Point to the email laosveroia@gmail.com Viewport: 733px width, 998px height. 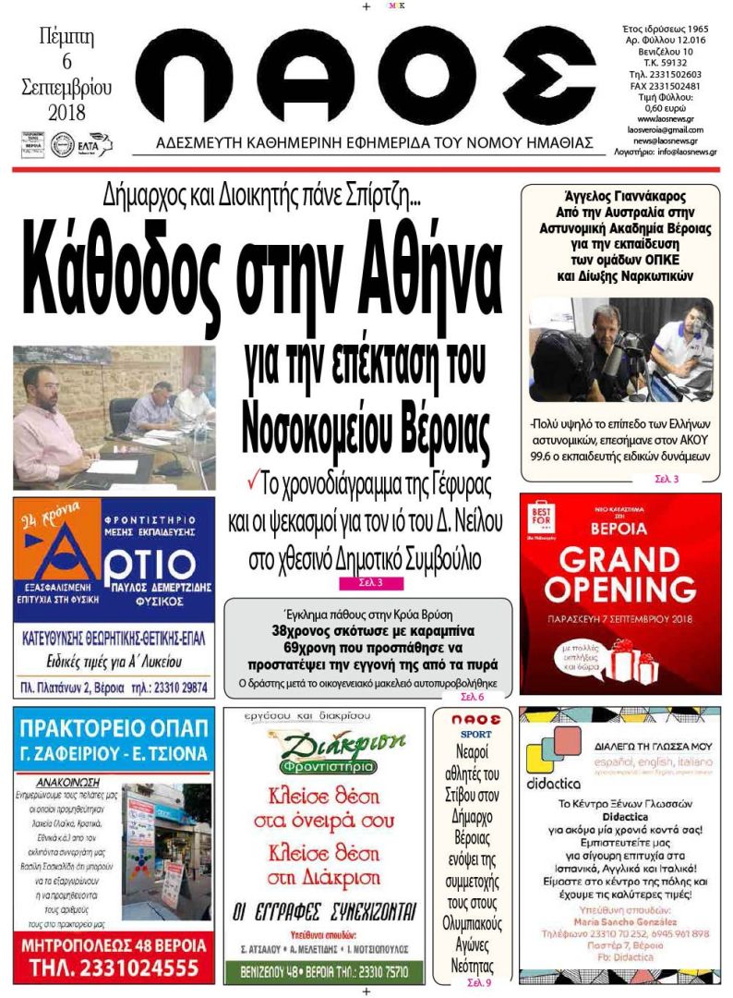click(665, 129)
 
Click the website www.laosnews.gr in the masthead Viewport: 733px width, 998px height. click(665, 118)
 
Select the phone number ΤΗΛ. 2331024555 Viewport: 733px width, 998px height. click(114, 968)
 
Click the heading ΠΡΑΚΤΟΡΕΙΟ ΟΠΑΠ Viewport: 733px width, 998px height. click(114, 723)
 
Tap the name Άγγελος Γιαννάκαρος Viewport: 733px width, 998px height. click(619, 196)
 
